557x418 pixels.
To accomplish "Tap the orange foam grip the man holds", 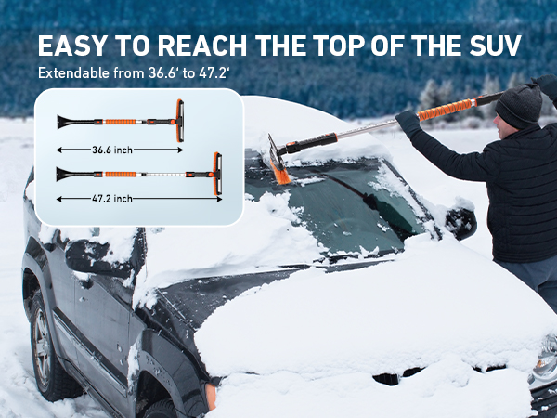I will coord(446,111).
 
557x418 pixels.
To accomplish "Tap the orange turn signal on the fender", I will coord(211,396).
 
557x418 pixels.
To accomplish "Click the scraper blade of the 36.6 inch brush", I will coord(65,123).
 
